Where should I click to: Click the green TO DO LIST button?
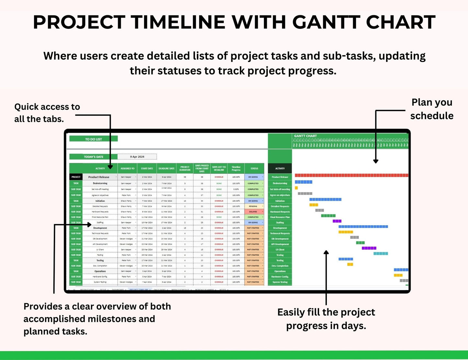[x=93, y=139]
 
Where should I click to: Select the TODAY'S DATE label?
[x=93, y=157]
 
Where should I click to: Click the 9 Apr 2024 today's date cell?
[x=137, y=157]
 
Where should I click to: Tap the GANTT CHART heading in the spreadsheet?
[x=305, y=136]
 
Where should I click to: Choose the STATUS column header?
[x=254, y=168]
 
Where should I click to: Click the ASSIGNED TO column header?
[x=127, y=168]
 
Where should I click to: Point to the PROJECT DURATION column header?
[x=185, y=168]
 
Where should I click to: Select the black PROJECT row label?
[x=76, y=177]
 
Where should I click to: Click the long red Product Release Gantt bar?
[x=351, y=176]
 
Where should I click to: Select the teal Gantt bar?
[x=381, y=254]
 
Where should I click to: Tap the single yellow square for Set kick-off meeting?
[x=296, y=188]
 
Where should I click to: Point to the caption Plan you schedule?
[x=431, y=109]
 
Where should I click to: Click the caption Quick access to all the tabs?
[x=47, y=113]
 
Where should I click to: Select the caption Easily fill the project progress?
[x=326, y=319]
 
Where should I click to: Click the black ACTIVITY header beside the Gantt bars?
[x=280, y=168]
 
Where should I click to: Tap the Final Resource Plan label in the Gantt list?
[x=280, y=217]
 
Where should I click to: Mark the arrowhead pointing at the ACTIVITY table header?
[x=110, y=167]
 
